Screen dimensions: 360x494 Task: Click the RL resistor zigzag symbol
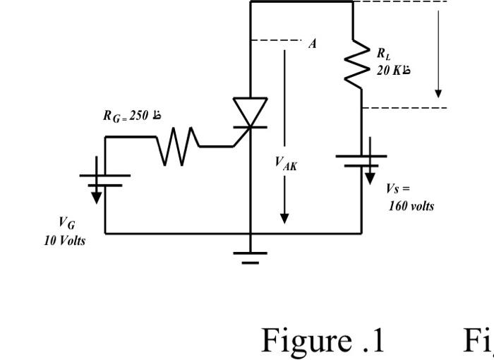coord(361,62)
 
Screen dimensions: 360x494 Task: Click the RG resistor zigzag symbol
coord(174,148)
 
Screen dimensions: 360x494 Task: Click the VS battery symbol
coord(361,161)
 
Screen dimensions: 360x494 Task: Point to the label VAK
coord(286,164)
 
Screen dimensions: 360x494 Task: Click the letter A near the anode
coord(312,44)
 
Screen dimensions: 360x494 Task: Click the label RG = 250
coord(132,116)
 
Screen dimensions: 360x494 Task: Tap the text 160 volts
coord(411,206)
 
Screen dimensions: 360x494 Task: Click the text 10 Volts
coord(64,240)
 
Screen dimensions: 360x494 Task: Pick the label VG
coord(66,224)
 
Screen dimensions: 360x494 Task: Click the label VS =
coord(397,189)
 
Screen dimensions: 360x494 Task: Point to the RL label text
coord(382,54)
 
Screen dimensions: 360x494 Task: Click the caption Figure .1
coord(323,340)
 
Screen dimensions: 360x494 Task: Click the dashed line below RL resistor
coord(404,108)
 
